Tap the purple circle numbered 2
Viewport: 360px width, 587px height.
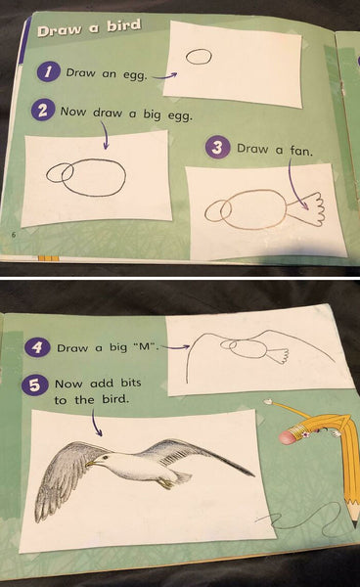click(x=43, y=112)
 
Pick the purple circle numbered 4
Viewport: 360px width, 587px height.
click(x=36, y=347)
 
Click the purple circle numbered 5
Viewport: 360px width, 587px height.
click(x=36, y=384)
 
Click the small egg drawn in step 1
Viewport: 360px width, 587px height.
click(x=199, y=58)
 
